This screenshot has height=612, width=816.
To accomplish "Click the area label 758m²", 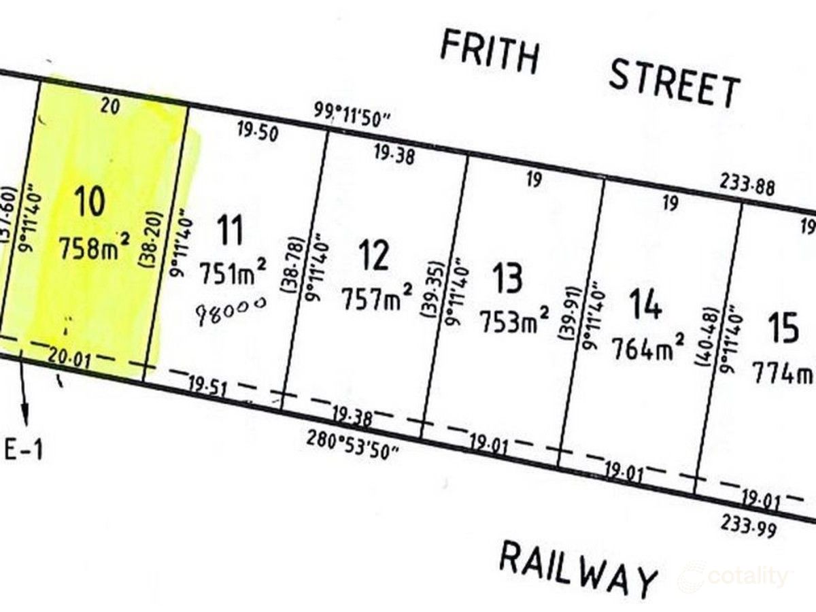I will tap(94, 247).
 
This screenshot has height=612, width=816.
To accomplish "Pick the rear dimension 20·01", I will tap(69, 357).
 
